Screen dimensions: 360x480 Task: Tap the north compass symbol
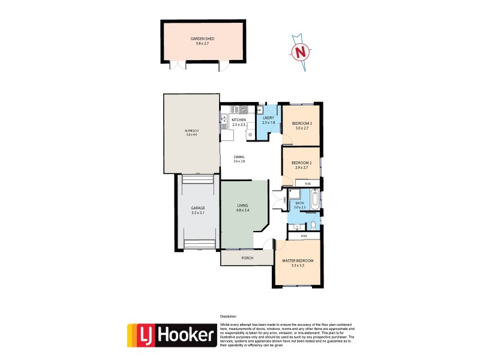click(x=299, y=53)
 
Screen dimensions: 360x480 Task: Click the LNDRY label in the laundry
click(x=268, y=119)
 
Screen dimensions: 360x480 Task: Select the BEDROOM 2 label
click(x=301, y=163)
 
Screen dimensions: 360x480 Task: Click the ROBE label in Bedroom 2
click(x=307, y=182)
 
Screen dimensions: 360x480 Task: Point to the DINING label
click(x=239, y=157)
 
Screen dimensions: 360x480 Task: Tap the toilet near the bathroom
click(x=313, y=226)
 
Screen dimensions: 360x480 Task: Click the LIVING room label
click(x=242, y=206)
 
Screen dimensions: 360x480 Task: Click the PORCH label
click(x=247, y=258)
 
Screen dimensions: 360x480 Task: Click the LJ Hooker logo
click(x=171, y=337)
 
